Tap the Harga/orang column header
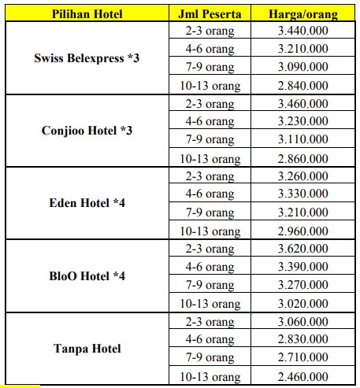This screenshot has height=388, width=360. (303, 14)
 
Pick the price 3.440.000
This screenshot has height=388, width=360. (303, 31)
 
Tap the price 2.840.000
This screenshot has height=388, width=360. (303, 85)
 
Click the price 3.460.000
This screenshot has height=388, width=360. (303, 103)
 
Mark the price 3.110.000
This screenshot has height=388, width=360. (303, 139)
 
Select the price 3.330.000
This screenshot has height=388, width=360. (303, 194)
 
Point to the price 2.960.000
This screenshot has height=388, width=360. (303, 231)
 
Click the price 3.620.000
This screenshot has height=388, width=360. (303, 249)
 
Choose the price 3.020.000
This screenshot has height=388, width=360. (303, 303)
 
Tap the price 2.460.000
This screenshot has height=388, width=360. (303, 376)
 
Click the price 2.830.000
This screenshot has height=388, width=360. (303, 339)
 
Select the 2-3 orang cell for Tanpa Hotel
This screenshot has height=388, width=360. (210, 321)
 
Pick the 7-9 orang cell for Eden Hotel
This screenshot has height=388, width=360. (210, 212)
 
